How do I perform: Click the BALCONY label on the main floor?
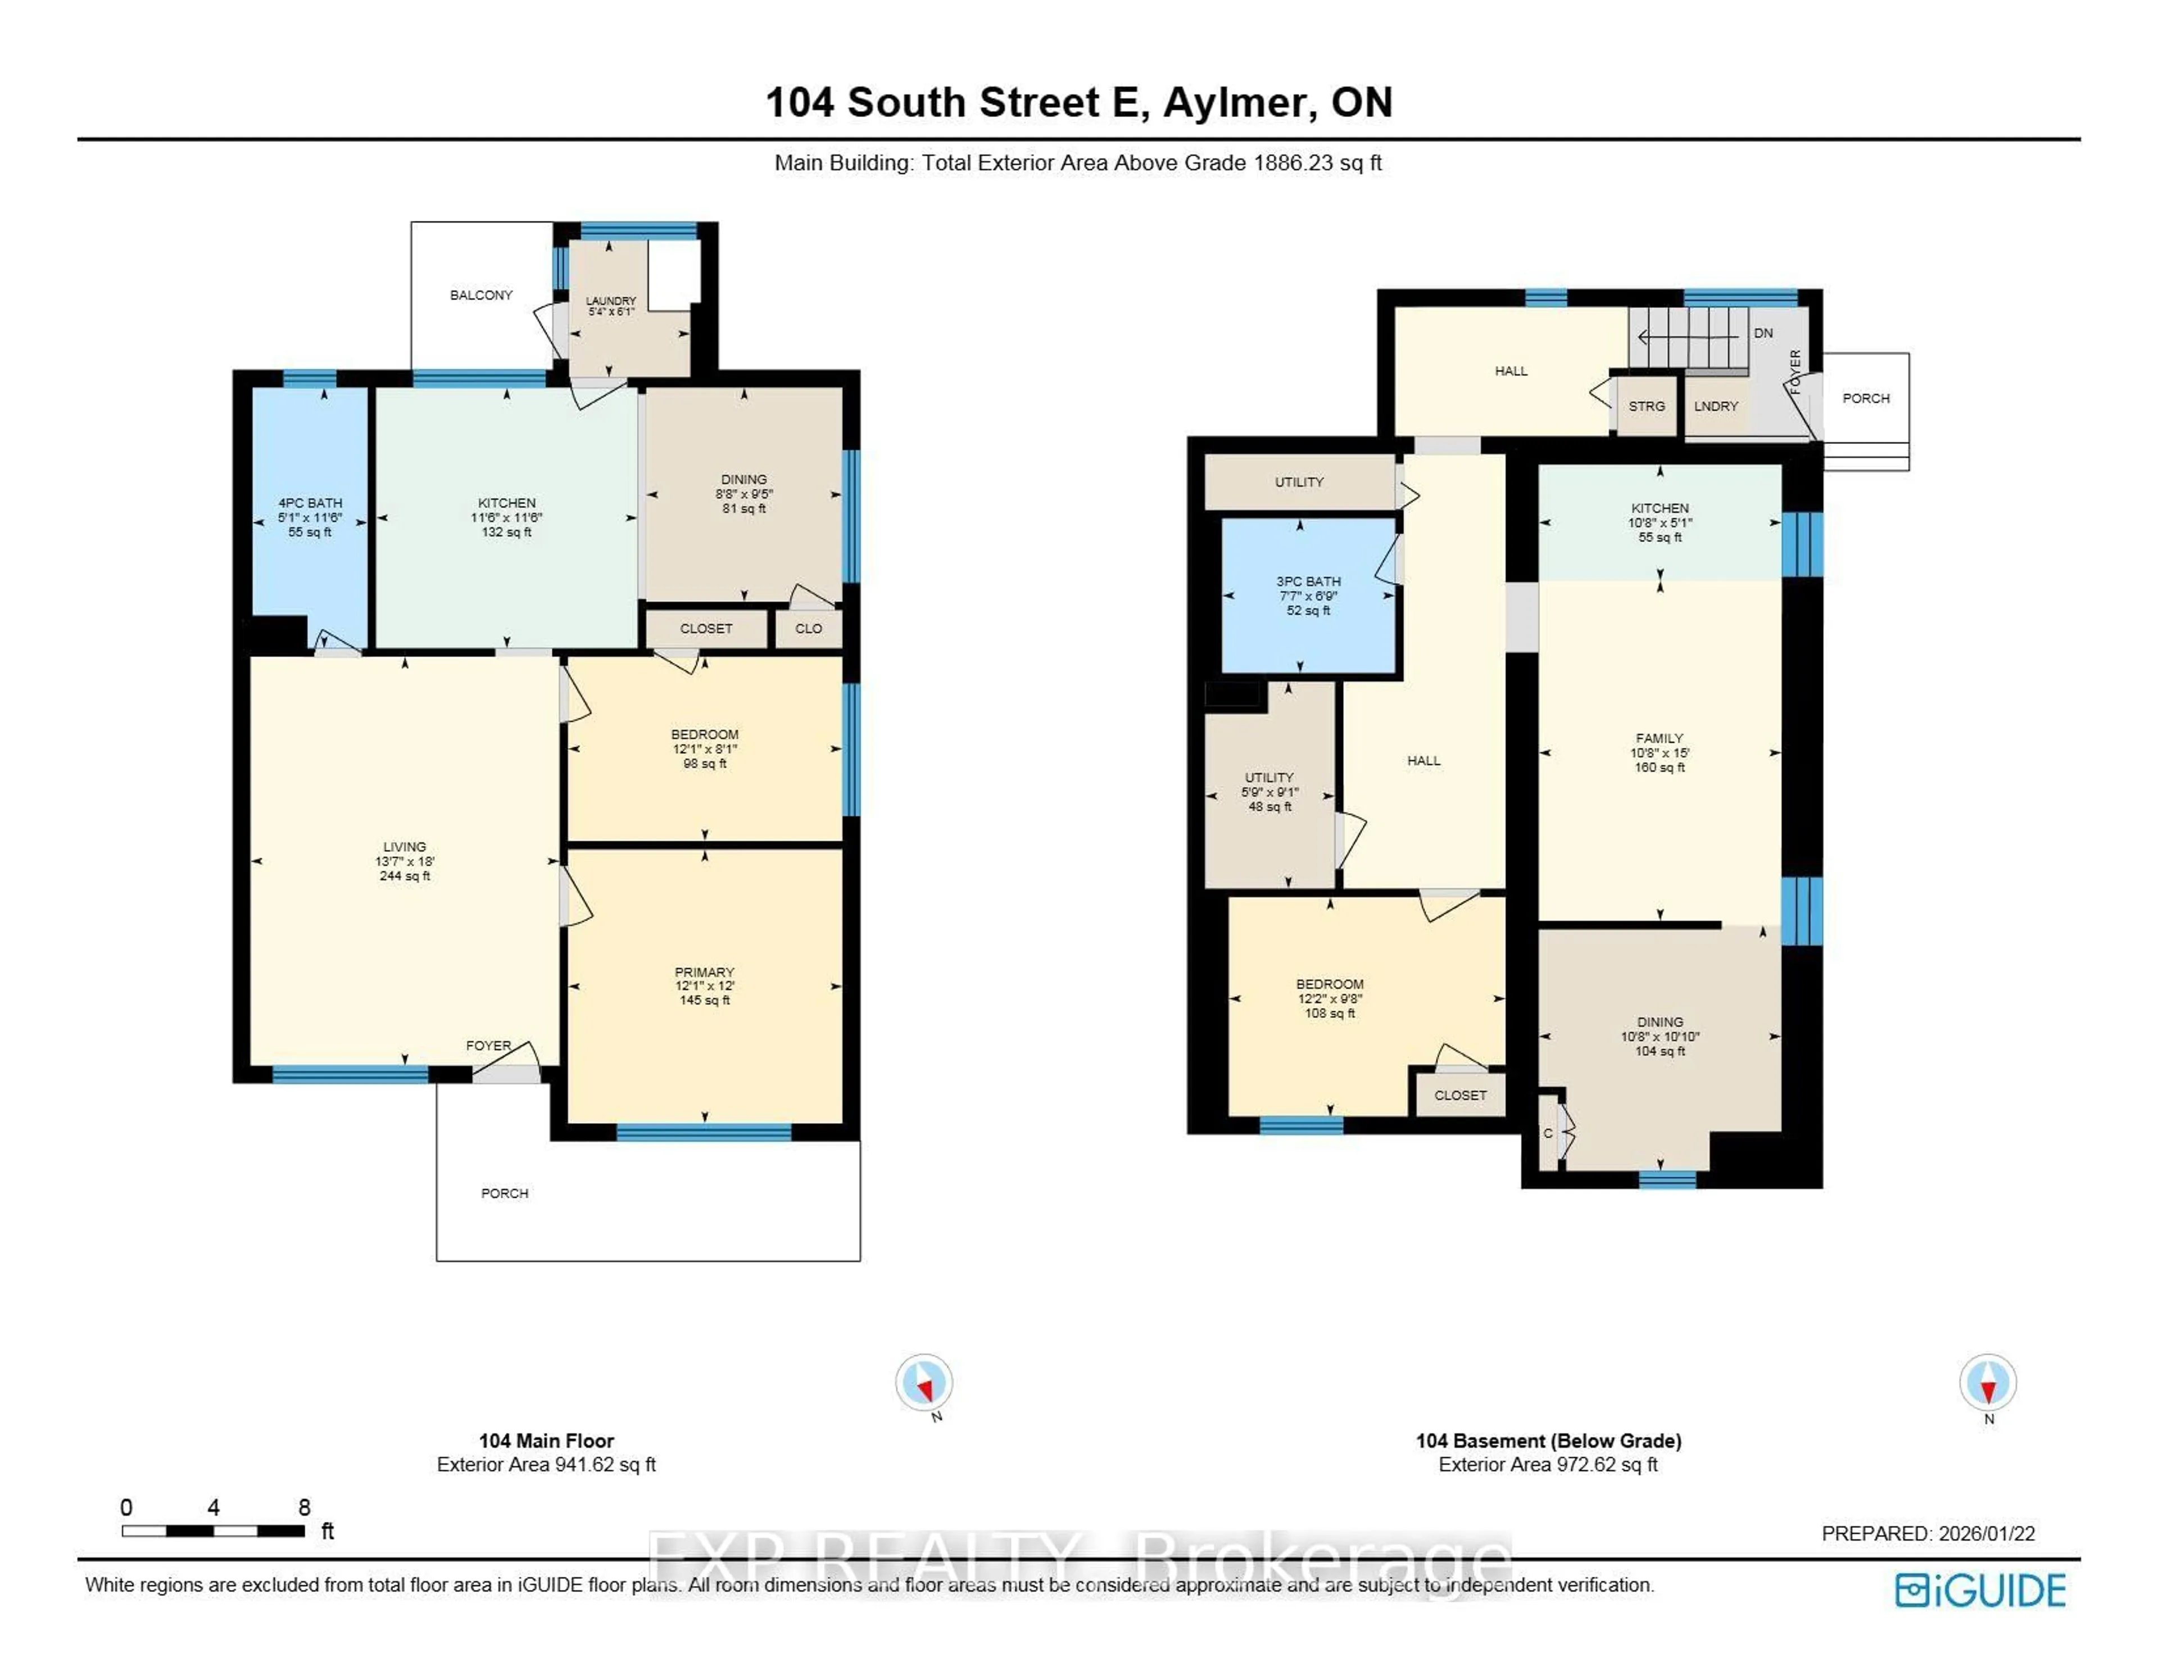[480, 294]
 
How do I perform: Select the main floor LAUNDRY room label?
[611, 301]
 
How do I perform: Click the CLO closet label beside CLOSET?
[808, 629]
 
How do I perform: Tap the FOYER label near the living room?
[488, 1046]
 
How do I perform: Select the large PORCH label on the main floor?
[504, 1194]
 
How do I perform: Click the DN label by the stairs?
[1763, 333]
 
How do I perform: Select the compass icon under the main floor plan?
[924, 1382]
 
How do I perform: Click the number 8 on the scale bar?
[305, 1507]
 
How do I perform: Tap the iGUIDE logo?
[1980, 1590]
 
